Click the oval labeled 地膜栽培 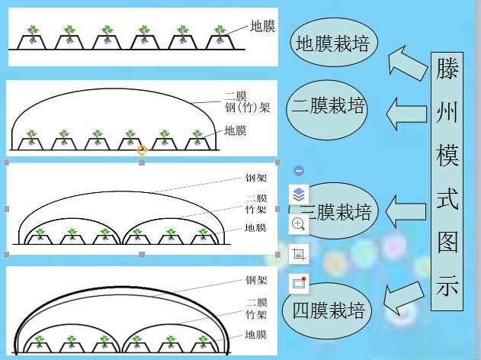coord(332,43)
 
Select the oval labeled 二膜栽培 coord(329,107)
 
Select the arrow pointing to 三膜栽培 coord(405,211)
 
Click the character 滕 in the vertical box coord(447,69)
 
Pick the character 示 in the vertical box coord(447,287)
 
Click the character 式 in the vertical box coord(447,200)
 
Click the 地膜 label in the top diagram coord(263,27)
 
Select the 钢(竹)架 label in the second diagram coord(248,108)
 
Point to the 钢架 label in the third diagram coord(256,178)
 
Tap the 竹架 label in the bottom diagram coord(256,314)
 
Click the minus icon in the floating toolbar coord(299,171)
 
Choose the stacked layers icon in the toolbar coord(299,196)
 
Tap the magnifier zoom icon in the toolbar coord(299,224)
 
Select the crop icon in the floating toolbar coord(299,254)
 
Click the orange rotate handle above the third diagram coord(142,150)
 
